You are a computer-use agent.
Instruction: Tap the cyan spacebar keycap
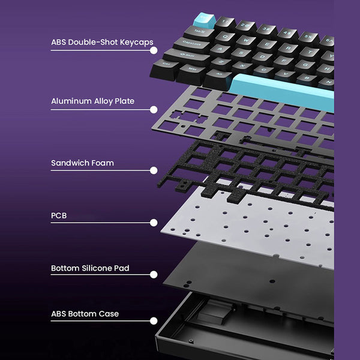click(282, 89)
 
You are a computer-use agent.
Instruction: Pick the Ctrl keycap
click(165, 66)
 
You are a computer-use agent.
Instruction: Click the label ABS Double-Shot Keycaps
click(101, 42)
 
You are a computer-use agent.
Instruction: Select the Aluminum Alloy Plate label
click(92, 101)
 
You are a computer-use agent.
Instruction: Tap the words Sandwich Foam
click(82, 163)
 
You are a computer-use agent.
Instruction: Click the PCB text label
click(59, 214)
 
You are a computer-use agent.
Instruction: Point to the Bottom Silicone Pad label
click(90, 268)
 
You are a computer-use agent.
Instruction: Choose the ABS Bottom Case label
click(85, 313)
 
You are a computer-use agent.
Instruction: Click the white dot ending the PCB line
click(154, 223)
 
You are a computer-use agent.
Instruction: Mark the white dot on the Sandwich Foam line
click(154, 171)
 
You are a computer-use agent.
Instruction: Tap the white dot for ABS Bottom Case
click(154, 322)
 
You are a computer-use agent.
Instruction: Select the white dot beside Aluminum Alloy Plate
click(154, 109)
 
